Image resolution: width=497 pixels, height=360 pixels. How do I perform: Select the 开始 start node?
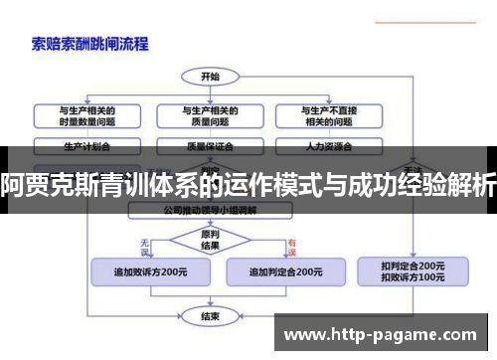click(x=210, y=76)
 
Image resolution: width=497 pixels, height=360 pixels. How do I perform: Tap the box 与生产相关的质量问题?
click(x=210, y=115)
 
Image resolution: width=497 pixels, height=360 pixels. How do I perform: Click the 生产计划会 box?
click(x=85, y=146)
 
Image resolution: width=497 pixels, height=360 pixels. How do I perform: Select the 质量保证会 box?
click(x=210, y=146)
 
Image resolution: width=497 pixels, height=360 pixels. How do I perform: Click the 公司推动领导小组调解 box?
click(x=210, y=211)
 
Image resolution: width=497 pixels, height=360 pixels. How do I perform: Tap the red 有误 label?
click(x=292, y=241)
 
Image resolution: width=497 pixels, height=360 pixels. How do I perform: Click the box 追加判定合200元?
click(x=284, y=270)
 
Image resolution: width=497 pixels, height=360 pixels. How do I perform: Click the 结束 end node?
click(x=210, y=318)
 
